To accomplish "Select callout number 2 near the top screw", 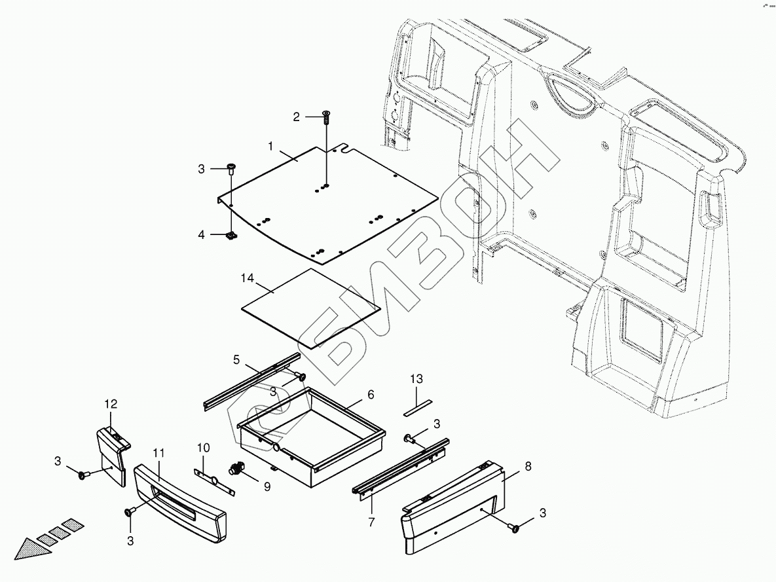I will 297,117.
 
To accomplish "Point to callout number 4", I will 202,234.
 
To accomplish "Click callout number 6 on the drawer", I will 371,394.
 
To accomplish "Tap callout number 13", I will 416,379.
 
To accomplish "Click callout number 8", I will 528,466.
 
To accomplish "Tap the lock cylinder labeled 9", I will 236,469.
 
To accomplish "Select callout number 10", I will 204,448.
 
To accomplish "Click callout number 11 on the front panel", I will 158,453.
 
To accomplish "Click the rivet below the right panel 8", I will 514,526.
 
